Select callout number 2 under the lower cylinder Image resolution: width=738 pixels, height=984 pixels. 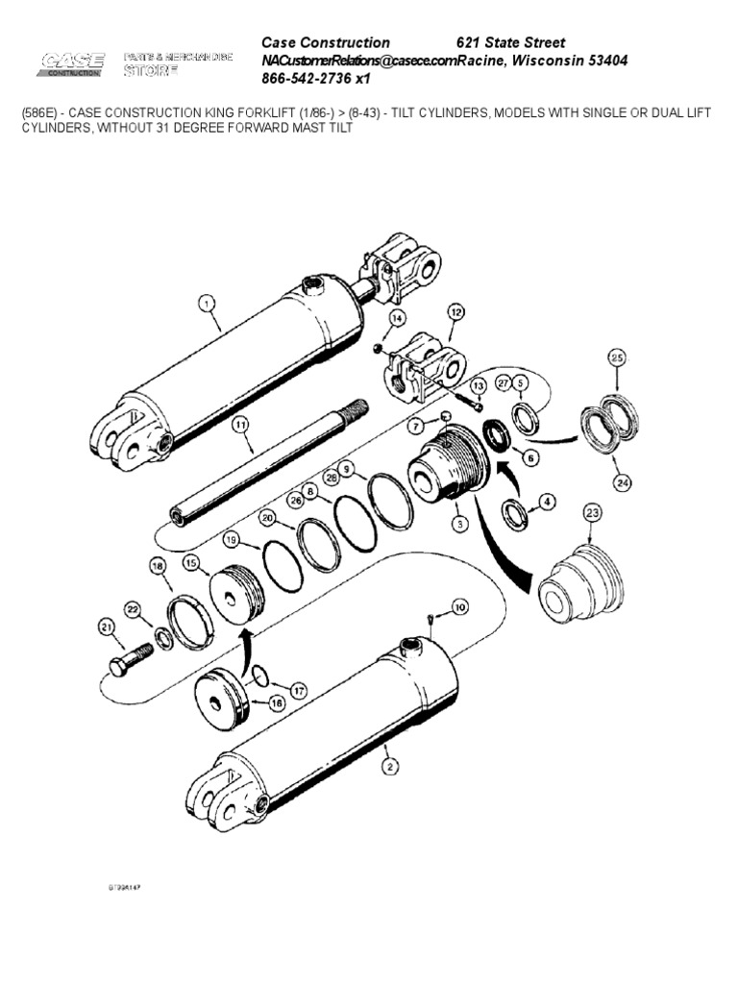[389, 766]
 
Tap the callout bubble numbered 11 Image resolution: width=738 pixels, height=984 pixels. [239, 422]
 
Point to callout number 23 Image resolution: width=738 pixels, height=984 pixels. [593, 513]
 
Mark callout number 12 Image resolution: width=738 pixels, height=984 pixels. [455, 312]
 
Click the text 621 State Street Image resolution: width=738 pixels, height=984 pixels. [509, 42]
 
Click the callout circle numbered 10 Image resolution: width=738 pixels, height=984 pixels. [459, 606]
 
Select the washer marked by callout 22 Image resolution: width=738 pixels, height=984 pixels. [164, 639]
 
